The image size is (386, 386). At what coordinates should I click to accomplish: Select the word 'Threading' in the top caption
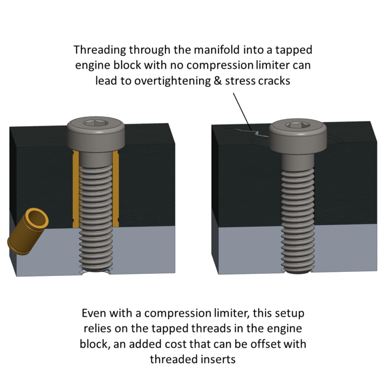(99, 50)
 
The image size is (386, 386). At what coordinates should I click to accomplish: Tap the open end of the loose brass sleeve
(38, 218)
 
